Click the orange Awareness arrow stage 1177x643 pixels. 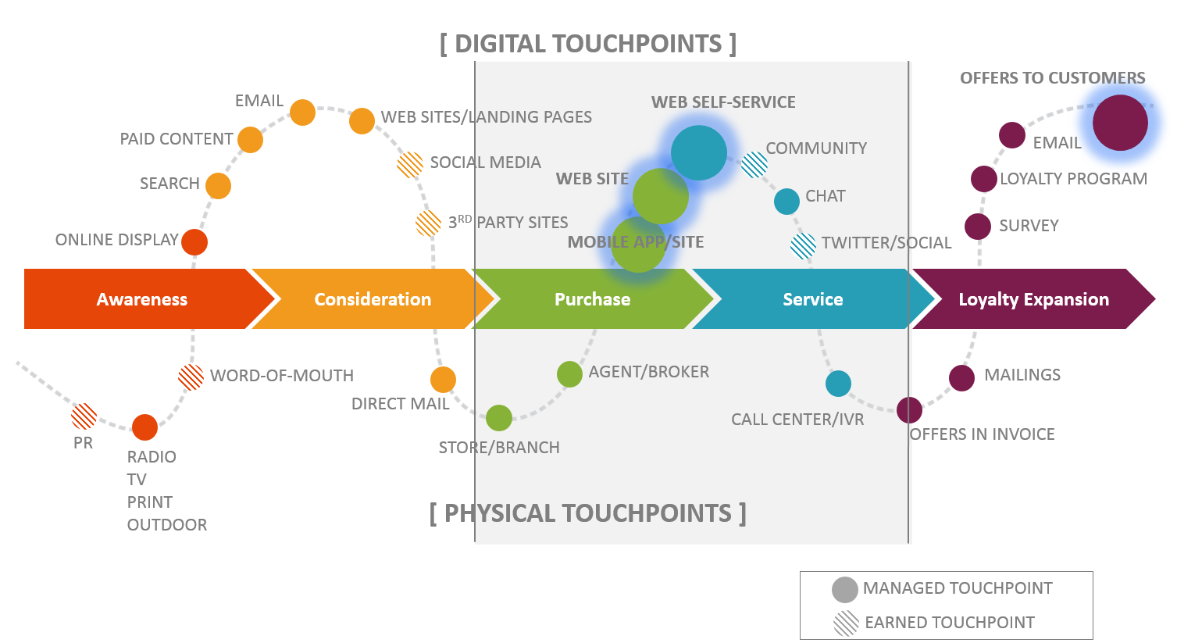[x=142, y=299]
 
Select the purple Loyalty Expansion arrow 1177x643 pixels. [x=1033, y=299]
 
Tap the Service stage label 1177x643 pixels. [x=812, y=299]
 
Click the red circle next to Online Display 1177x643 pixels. [x=194, y=241]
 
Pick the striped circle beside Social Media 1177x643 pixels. [x=410, y=164]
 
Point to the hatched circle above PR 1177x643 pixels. [x=84, y=416]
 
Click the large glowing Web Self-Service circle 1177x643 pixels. [x=698, y=153]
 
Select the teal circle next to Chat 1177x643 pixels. [x=786, y=201]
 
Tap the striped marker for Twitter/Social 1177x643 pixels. [x=803, y=245]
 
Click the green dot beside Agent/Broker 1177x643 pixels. [x=569, y=374]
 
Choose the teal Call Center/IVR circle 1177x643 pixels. [x=838, y=384]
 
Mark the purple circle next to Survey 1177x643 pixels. [x=977, y=227]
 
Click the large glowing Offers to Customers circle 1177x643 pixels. [x=1120, y=123]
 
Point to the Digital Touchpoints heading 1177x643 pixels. [x=588, y=44]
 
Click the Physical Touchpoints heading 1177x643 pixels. [x=587, y=513]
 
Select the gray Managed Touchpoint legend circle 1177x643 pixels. [x=844, y=590]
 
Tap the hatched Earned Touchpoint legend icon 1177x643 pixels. [x=846, y=623]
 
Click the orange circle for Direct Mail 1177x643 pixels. [x=443, y=380]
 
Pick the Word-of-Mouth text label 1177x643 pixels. [x=281, y=376]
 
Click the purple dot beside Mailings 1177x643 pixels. [x=961, y=377]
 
